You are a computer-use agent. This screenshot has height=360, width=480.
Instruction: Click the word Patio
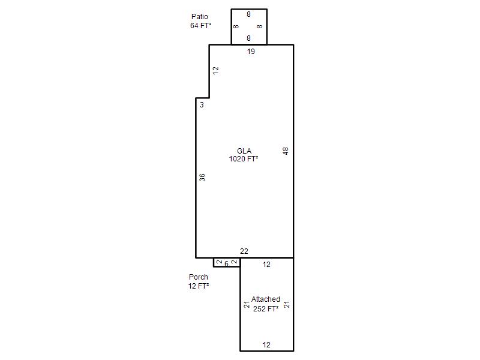[200, 17]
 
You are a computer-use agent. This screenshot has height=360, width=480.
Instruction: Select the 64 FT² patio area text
[201, 26]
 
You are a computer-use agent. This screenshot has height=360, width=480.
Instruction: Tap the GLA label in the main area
[244, 151]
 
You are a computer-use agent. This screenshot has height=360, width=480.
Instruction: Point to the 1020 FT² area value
[244, 159]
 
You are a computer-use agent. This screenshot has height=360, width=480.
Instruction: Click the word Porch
[199, 277]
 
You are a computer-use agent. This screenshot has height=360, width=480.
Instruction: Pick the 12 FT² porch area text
[199, 286]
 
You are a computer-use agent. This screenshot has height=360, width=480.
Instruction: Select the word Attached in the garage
[266, 299]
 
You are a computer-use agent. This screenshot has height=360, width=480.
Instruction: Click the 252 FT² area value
[266, 308]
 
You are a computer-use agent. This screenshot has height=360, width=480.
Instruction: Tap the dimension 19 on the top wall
[251, 52]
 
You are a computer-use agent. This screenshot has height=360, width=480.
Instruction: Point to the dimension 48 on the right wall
[286, 151]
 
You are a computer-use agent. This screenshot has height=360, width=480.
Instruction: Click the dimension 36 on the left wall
[202, 177]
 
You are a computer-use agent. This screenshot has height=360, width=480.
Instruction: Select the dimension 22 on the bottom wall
[244, 251]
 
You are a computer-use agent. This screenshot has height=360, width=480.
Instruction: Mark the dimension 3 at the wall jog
[202, 104]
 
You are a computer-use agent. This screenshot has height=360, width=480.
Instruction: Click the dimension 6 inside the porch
[227, 263]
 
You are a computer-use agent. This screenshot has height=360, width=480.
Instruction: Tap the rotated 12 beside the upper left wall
[216, 71]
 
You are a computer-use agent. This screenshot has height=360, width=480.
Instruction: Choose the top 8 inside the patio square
[248, 14]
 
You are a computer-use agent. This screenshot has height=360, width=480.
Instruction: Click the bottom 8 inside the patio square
[248, 38]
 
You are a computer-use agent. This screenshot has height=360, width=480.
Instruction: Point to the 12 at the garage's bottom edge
[266, 345]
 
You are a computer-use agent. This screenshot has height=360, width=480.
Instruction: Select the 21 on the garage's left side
[247, 305]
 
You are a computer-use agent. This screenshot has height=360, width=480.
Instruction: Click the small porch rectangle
[214, 262]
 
